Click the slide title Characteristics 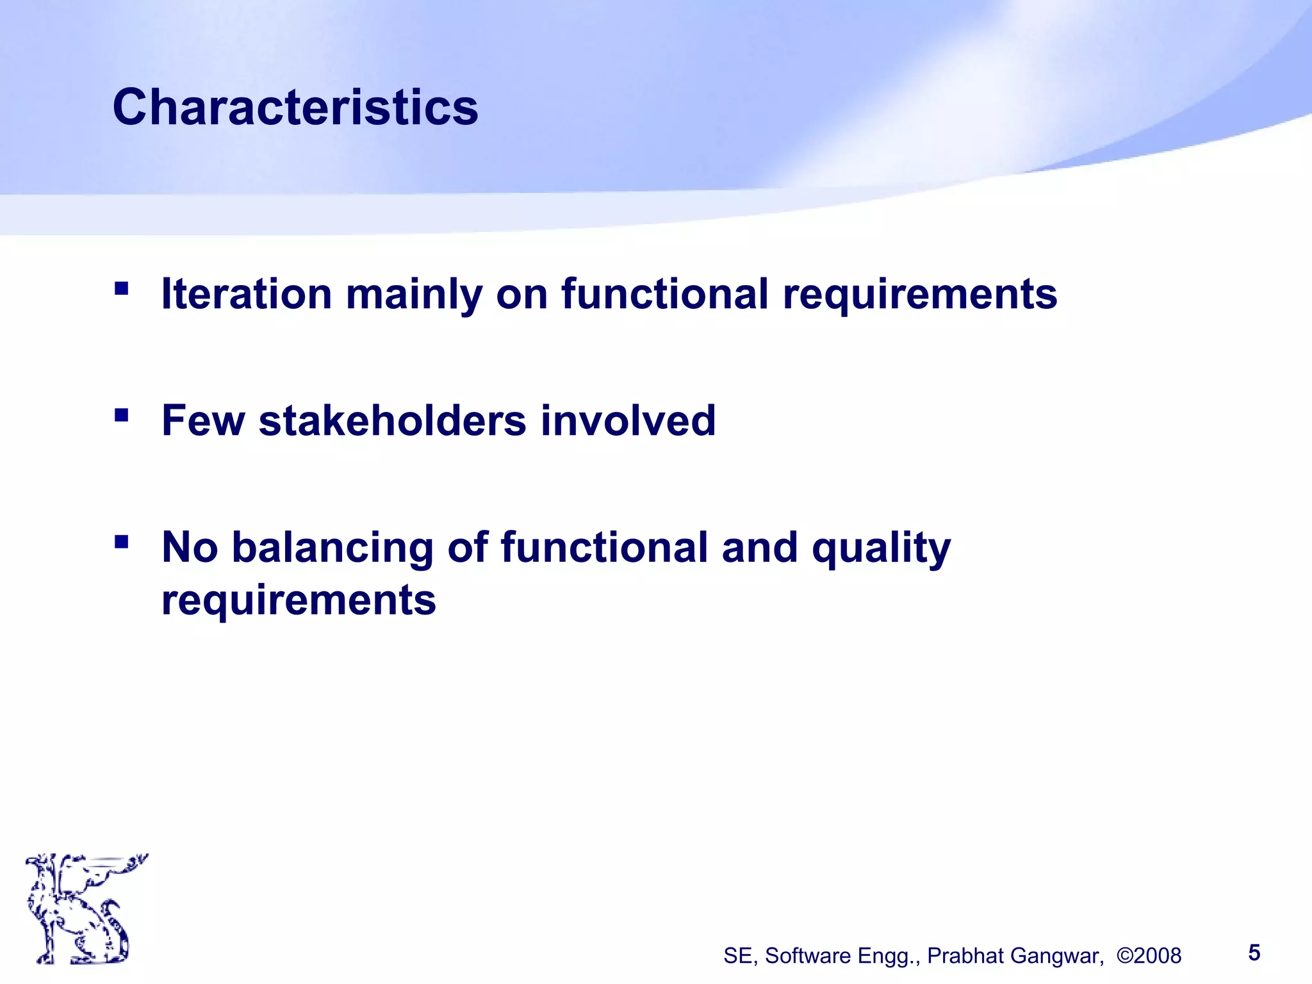[x=295, y=107]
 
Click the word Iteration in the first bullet [x=246, y=294]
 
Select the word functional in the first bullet [x=665, y=294]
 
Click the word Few [x=203, y=421]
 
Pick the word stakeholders [x=392, y=421]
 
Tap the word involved [x=628, y=421]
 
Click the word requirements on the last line [x=299, y=601]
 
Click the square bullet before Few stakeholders [x=121, y=415]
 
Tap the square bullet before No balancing [x=121, y=543]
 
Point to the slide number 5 [x=1254, y=953]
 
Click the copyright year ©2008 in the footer [x=1149, y=956]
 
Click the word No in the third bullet [x=190, y=548]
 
